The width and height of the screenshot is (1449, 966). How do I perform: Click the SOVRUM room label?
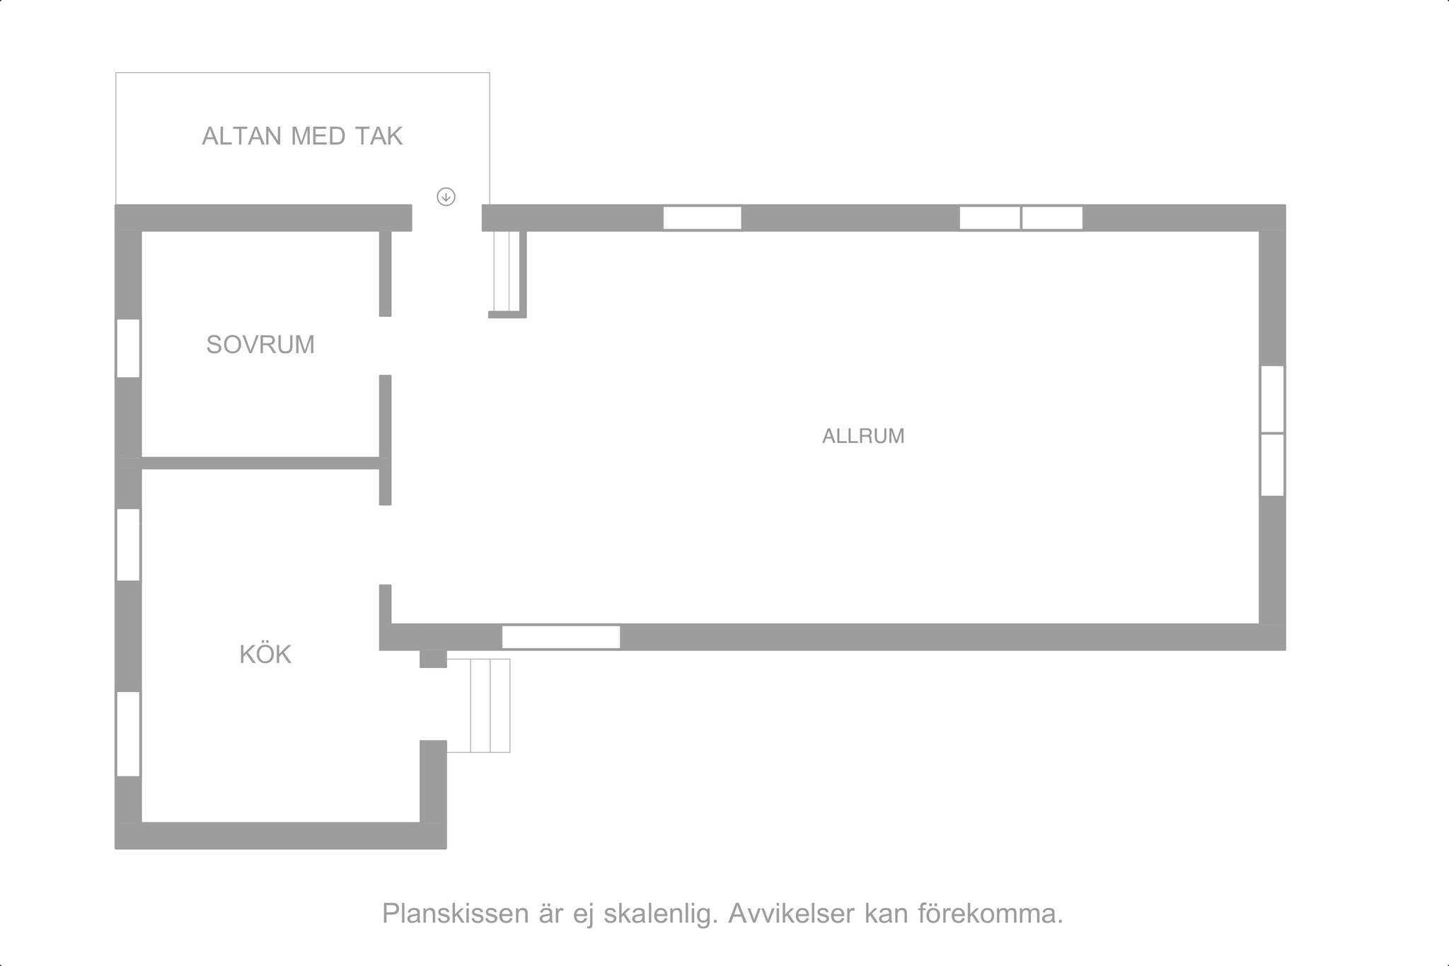pos(260,345)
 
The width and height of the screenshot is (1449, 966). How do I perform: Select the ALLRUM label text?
pos(863,436)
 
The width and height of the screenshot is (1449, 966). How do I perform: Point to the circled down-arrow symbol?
pos(446,197)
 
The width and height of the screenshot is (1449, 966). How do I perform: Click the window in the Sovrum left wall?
pos(128,348)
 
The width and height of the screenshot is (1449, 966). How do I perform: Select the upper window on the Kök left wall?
pos(128,544)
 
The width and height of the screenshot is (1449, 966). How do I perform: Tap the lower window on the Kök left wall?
pos(128,733)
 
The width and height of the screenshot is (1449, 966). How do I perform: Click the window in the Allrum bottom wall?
pos(561,637)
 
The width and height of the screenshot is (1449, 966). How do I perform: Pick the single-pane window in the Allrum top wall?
pos(702,218)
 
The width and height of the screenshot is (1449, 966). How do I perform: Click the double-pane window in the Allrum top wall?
pos(1021,218)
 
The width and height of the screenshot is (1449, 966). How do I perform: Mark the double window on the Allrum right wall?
pos(1272,430)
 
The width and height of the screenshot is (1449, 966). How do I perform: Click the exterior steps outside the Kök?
pos(479,706)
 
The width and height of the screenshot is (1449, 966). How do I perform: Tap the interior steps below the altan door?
pos(507,273)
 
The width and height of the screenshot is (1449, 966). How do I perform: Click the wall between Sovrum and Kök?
pos(261,463)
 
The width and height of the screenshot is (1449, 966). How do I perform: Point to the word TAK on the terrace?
pos(379,136)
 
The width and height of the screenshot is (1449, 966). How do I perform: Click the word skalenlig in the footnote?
pos(661,914)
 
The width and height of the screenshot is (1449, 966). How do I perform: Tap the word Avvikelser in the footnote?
pos(792,914)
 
